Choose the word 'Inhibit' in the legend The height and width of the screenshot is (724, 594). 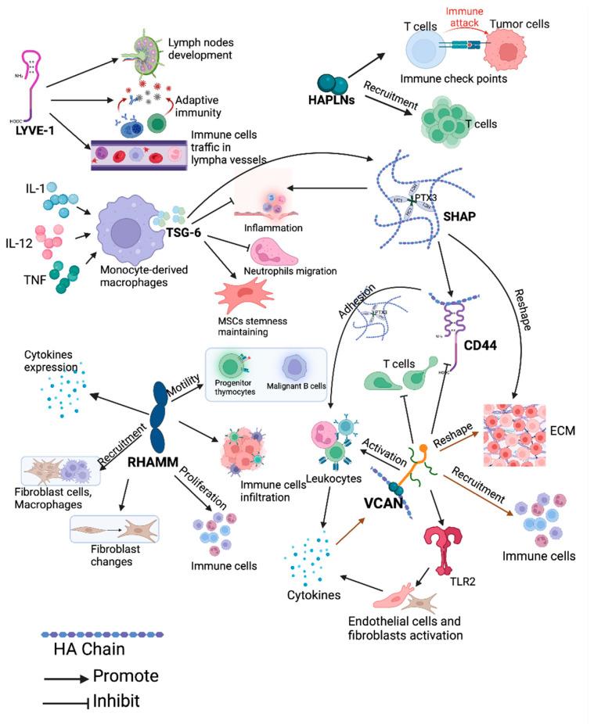pos(117,701)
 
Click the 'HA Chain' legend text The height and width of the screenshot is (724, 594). pos(88,649)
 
